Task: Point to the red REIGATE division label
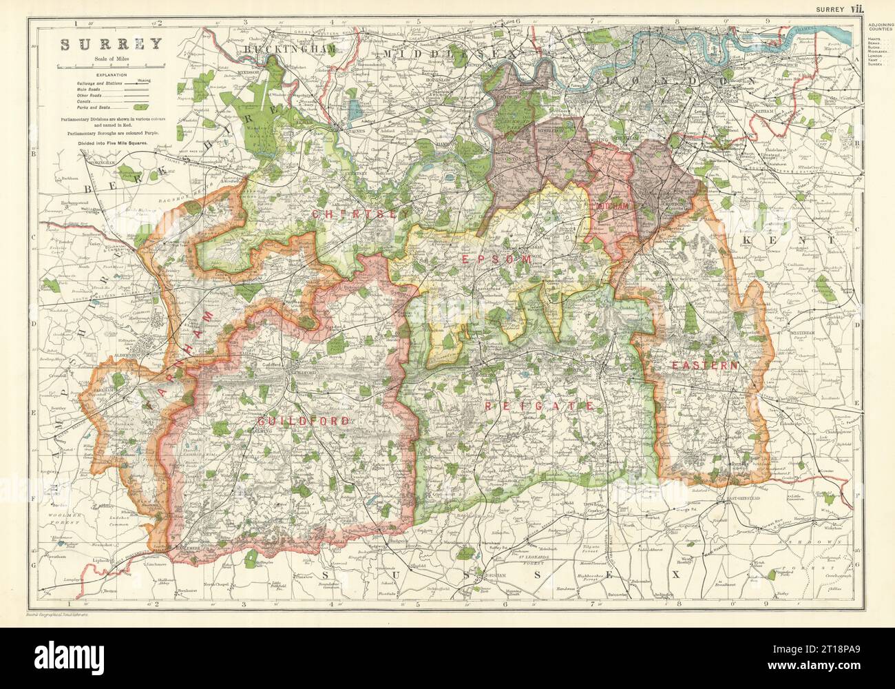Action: pyautogui.click(x=539, y=406)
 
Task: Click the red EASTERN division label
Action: pyautogui.click(x=705, y=364)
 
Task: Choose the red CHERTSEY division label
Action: pyautogui.click(x=345, y=214)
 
